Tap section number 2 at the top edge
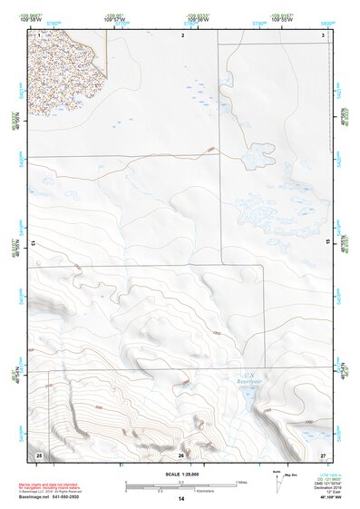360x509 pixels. click(x=182, y=34)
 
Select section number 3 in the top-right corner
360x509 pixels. click(x=323, y=34)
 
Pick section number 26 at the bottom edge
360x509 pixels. click(x=181, y=454)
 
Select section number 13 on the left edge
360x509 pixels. click(x=33, y=243)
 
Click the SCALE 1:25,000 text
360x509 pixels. click(x=180, y=475)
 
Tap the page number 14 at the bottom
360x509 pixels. click(x=180, y=499)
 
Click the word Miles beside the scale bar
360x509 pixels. click(x=242, y=482)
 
